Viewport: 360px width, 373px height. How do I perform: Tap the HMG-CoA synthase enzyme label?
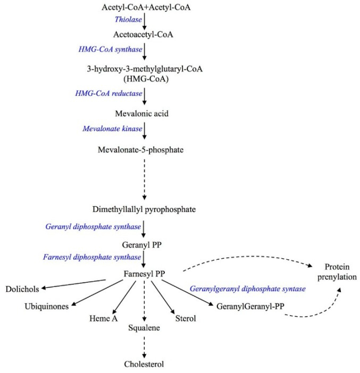pos(110,49)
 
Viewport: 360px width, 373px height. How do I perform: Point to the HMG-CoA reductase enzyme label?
pos(109,94)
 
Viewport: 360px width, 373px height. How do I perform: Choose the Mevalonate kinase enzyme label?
pos(110,129)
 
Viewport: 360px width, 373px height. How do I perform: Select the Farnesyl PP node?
pos(144,274)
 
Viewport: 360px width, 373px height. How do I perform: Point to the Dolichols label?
pos(22,289)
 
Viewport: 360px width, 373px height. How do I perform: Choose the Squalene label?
pos(144,328)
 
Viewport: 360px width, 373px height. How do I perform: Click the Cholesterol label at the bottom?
pos(144,364)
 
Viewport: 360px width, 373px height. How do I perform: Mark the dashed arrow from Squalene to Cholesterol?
pos(144,346)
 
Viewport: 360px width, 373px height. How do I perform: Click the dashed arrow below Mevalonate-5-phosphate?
pos(144,178)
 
